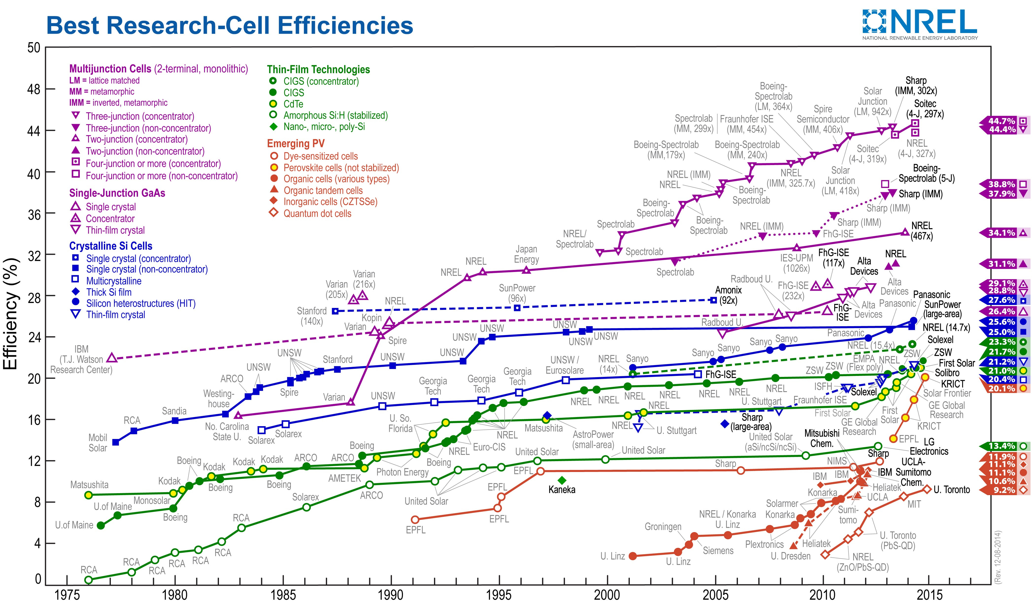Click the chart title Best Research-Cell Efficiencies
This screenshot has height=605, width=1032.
230,25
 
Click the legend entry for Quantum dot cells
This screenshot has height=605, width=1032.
317,213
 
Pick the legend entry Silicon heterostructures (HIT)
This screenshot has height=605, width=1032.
140,303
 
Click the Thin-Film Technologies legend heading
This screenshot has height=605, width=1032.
318,70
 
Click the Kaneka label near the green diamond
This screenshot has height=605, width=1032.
562,489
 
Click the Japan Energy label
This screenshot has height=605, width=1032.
526,254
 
